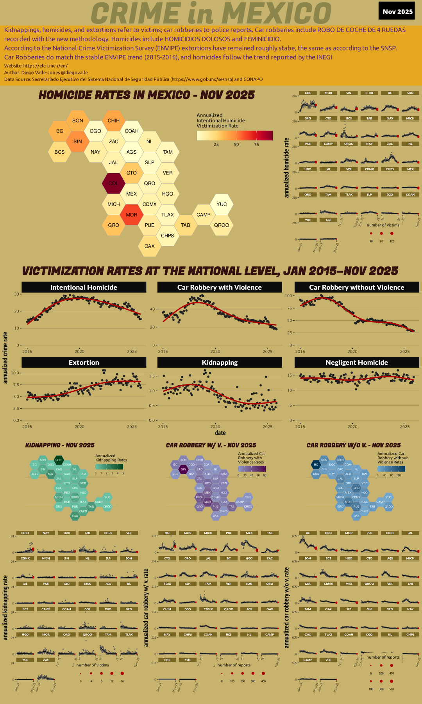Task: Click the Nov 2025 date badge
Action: coord(397,11)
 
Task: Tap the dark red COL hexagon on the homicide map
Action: coord(113,183)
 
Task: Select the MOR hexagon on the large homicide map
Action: coord(131,215)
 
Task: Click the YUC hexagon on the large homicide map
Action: coord(222,204)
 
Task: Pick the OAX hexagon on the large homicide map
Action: coord(149,246)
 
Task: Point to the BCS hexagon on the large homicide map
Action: coord(59,152)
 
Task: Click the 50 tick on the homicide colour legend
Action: coord(236,144)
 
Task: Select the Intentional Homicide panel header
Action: coord(84,287)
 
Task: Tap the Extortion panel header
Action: coord(84,362)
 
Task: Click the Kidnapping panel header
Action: coord(220,362)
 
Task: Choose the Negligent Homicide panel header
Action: coord(356,362)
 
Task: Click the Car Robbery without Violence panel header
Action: coord(356,287)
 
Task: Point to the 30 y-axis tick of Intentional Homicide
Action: coord(17,294)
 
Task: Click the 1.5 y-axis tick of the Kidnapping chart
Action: coord(152,376)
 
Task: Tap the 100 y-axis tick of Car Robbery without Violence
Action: coord(288,296)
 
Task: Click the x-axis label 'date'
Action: coord(220,433)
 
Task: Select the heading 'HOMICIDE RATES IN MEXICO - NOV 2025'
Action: coord(147,95)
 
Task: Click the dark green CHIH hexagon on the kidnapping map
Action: coord(59,460)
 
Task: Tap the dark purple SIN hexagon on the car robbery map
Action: coord(183,469)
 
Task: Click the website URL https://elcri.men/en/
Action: coord(45,66)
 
